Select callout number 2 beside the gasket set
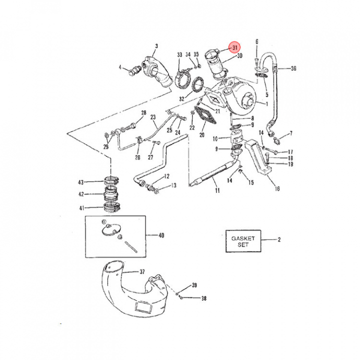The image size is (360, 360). pyautogui.click(x=279, y=239)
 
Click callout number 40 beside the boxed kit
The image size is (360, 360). pyautogui.click(x=160, y=235)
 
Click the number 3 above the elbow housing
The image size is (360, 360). pyautogui.click(x=156, y=46)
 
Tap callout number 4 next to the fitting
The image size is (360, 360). pyautogui.click(x=120, y=67)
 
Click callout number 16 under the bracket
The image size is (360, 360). pyautogui.click(x=277, y=188)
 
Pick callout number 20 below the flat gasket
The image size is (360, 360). pyautogui.click(x=202, y=135)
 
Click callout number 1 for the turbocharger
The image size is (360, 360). pyautogui.click(x=266, y=104)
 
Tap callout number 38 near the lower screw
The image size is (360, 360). pyautogui.click(x=203, y=298)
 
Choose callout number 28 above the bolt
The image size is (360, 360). pyautogui.click(x=143, y=113)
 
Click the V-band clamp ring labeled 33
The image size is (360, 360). pyautogui.click(x=182, y=78)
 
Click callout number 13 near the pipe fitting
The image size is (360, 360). pyautogui.click(x=173, y=185)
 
